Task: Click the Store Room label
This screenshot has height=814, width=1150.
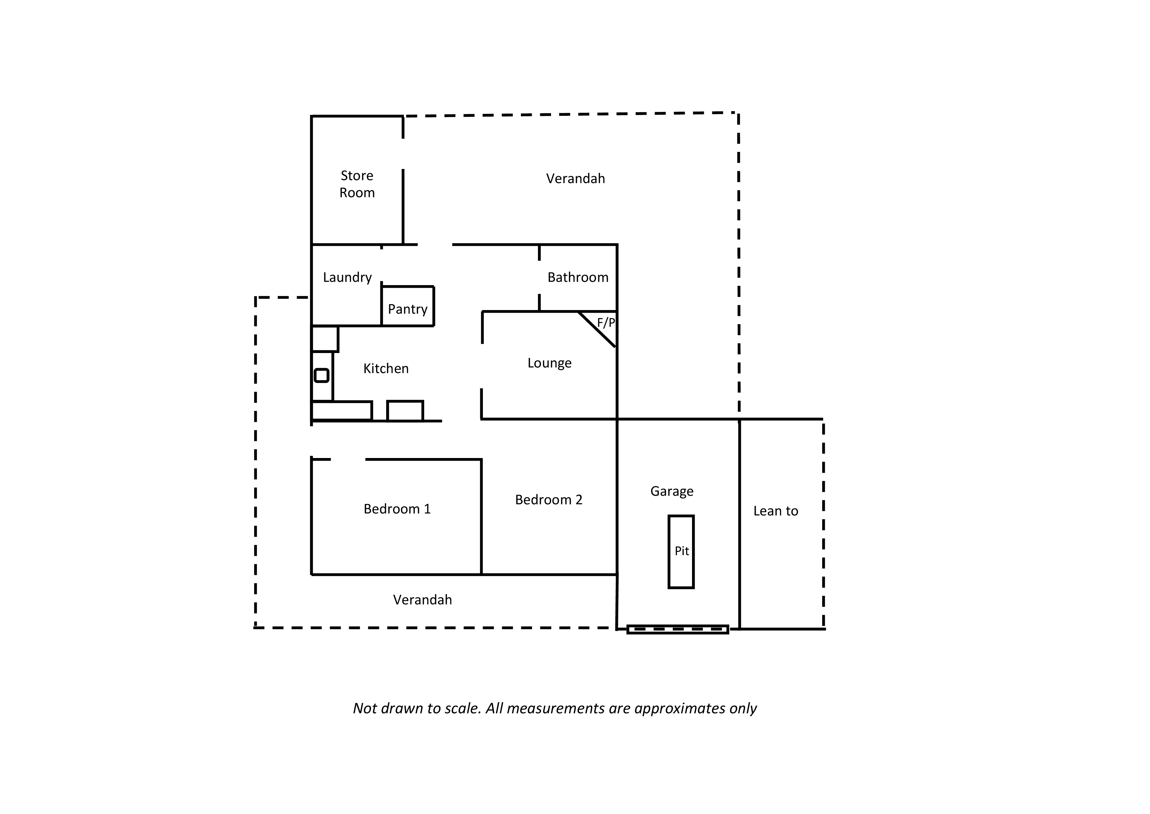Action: click(x=357, y=184)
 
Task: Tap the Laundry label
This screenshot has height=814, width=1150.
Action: click(x=347, y=278)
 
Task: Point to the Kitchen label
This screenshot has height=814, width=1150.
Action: click(x=386, y=368)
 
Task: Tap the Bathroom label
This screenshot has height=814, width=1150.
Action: click(x=578, y=277)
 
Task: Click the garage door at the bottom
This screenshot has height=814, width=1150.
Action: click(x=677, y=630)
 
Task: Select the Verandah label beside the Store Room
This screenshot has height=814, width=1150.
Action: click(x=576, y=178)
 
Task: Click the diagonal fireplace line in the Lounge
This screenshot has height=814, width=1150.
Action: click(x=597, y=329)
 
